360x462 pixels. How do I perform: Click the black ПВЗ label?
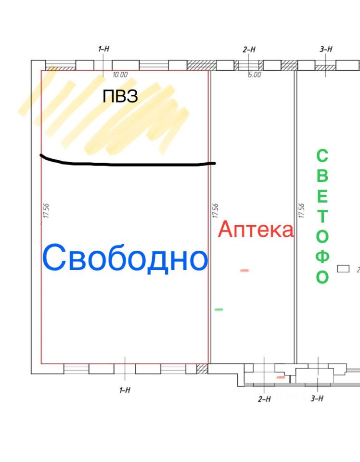[x=120, y=96]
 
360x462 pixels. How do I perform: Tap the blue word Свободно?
[x=125, y=257]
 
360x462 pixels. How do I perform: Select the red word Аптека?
[x=256, y=230]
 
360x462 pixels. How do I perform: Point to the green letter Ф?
[x=322, y=257]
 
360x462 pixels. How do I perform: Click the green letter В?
[x=322, y=176]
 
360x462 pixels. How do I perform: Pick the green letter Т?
[x=322, y=216]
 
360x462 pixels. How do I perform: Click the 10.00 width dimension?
[x=120, y=75]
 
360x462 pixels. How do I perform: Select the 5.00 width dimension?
[x=254, y=75]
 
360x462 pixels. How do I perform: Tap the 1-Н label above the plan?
[x=103, y=49]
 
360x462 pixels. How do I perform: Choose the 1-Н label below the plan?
[x=125, y=390]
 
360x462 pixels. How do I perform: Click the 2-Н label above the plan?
[x=249, y=49]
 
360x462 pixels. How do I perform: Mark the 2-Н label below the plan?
[x=264, y=399]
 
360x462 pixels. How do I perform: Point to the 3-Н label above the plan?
[x=326, y=49]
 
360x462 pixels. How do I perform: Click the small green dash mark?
[x=219, y=309]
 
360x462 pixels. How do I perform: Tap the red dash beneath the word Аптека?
[x=244, y=270]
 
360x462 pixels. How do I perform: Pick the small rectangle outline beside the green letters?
[x=343, y=269]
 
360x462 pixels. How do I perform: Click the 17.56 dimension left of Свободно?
[x=46, y=210]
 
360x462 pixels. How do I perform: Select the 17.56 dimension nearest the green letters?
[x=301, y=210]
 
